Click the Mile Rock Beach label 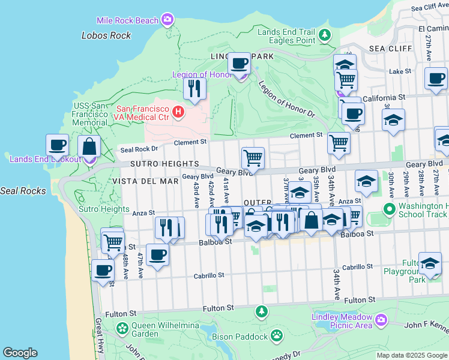[130, 20]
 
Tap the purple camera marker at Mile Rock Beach [167, 20]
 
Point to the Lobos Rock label [106, 35]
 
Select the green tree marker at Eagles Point [325, 35]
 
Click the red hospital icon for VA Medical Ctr [178, 112]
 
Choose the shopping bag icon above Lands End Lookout [89, 146]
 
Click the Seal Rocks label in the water [19, 191]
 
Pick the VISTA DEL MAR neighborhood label [139, 180]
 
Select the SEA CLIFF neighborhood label [391, 49]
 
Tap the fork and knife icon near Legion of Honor [194, 89]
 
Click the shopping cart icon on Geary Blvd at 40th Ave [253, 158]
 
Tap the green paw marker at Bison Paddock [277, 335]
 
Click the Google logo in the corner [20, 353]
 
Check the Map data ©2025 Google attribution [412, 355]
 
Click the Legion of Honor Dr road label [286, 99]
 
